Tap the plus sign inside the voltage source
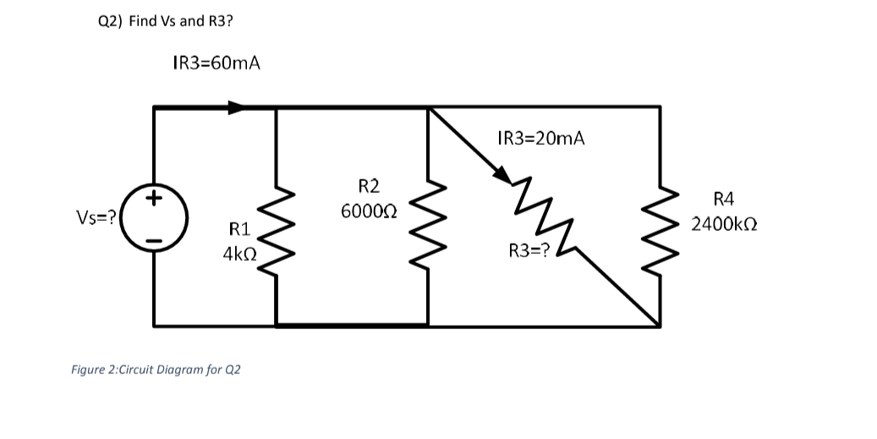click(154, 200)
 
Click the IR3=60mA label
click(216, 63)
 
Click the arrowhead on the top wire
click(237, 107)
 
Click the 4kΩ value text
click(240, 253)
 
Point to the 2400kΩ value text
click(723, 225)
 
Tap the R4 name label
click(724, 200)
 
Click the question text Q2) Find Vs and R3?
click(166, 21)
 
